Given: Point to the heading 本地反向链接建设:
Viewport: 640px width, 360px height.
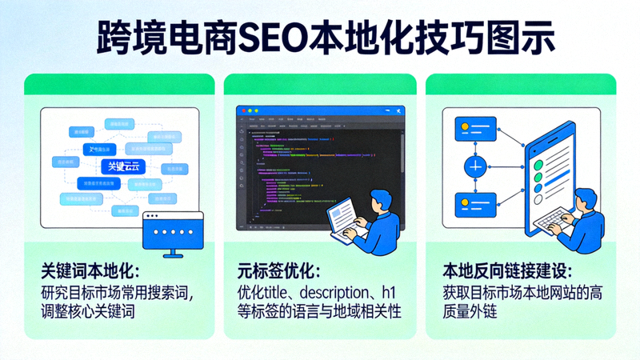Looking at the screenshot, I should pyautogui.click(x=507, y=270).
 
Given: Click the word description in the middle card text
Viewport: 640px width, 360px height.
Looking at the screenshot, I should pyautogui.click(x=331, y=291).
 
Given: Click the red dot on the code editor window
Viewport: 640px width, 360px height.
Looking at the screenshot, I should pyautogui.click(x=242, y=109).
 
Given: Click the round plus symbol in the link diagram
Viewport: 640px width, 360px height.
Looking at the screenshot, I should pyautogui.click(x=476, y=166).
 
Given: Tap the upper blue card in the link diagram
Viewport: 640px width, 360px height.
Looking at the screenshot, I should pyautogui.click(x=476, y=129).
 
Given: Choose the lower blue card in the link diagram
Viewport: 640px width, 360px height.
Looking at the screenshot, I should pyautogui.click(x=476, y=206).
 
